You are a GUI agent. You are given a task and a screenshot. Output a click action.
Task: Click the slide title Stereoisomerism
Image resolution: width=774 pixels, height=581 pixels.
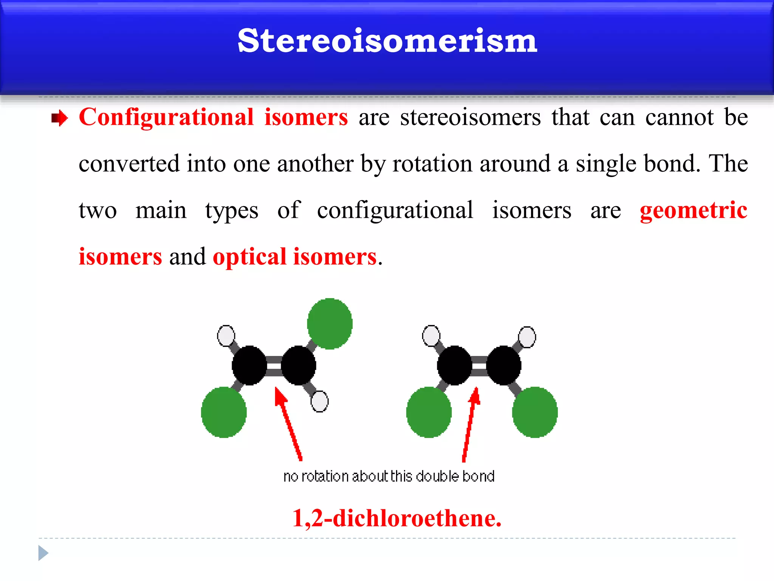pyautogui.click(x=387, y=41)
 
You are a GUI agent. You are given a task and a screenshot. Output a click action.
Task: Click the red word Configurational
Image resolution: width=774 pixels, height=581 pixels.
pyautogui.click(x=166, y=117)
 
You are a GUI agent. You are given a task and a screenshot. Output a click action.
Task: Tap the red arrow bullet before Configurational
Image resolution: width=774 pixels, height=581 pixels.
pyautogui.click(x=59, y=118)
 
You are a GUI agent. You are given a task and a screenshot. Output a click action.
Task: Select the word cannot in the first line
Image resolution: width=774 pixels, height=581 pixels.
pyautogui.click(x=680, y=117)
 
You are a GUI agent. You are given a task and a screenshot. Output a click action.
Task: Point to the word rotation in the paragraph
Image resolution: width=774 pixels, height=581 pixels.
pyautogui.click(x=432, y=164)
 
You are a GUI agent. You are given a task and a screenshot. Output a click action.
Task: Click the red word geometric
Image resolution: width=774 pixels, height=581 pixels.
pyautogui.click(x=694, y=210)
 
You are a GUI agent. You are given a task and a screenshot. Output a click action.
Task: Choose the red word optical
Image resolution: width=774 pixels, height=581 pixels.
pyautogui.click(x=249, y=257)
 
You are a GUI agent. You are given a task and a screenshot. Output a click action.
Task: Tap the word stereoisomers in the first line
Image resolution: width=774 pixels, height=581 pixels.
pyautogui.click(x=471, y=117)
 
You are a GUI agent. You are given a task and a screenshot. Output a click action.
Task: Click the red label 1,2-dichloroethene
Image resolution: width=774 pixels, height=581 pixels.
pyautogui.click(x=397, y=518)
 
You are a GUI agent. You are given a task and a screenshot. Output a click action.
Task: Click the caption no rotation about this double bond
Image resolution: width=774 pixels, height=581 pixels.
pyautogui.click(x=389, y=476)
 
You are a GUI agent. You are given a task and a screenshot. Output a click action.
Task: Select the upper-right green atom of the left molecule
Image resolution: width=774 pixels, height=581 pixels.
pyautogui.click(x=330, y=324)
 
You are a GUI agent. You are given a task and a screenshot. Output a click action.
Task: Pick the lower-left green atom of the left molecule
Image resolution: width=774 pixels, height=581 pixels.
pyautogui.click(x=224, y=412)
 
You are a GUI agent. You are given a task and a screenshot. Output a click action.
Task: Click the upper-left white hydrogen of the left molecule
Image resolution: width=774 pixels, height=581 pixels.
pyautogui.click(x=226, y=336)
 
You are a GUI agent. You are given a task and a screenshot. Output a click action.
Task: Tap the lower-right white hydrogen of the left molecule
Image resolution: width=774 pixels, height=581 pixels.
pyautogui.click(x=319, y=401)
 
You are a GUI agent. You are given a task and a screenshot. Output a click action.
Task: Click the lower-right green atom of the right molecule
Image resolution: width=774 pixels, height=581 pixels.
pyautogui.click(x=535, y=412)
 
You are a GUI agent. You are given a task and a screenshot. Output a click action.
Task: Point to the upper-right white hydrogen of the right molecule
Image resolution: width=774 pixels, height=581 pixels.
pyautogui.click(x=527, y=337)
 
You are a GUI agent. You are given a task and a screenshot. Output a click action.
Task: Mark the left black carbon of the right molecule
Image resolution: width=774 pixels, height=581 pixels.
pyautogui.click(x=454, y=365)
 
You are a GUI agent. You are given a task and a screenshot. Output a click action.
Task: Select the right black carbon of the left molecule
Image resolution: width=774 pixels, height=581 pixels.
pyautogui.click(x=298, y=365)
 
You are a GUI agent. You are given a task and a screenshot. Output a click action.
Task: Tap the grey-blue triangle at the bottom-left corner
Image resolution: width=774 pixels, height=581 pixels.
pyautogui.click(x=43, y=553)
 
